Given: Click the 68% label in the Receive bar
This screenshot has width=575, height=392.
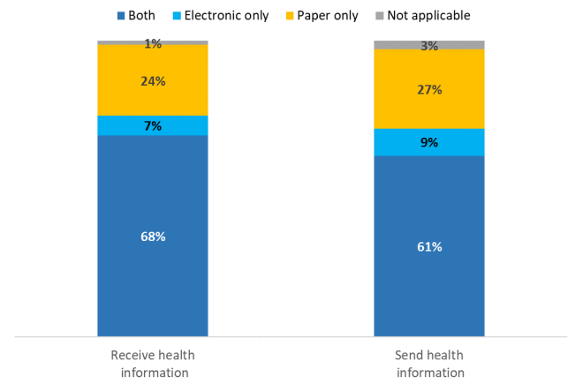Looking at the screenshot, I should (153, 237).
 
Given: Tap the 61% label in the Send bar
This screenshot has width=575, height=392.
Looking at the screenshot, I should (429, 246).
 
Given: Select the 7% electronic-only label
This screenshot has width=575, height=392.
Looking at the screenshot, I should (153, 126).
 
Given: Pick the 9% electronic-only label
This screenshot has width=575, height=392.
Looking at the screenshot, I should (429, 142).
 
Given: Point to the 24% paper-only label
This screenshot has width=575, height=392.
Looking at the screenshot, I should (153, 81).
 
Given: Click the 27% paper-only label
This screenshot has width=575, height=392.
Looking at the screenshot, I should (429, 89).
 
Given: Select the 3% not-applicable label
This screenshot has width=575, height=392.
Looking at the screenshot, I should (429, 46).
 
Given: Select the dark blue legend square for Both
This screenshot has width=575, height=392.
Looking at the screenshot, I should (120, 15).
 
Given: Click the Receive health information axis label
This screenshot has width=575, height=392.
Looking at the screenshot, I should (153, 364).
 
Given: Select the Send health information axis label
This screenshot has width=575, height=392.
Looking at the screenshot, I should (429, 364).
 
